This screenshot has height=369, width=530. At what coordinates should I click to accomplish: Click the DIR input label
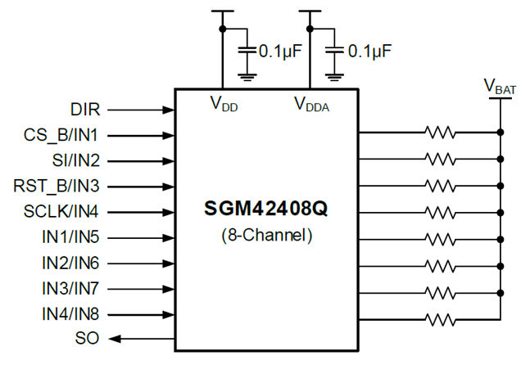tap(85, 109)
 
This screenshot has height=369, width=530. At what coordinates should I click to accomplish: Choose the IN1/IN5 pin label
tap(72, 238)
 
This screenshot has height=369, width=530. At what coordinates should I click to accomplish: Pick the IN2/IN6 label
tap(72, 263)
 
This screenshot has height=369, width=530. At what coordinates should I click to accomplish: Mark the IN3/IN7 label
tap(72, 289)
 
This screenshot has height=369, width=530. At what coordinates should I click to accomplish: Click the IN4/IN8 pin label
tap(72, 314)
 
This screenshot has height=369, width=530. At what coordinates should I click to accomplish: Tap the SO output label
tap(88, 339)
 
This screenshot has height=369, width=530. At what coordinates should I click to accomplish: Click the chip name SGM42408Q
tap(265, 209)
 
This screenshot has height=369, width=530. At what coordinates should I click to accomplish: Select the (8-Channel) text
tap(265, 235)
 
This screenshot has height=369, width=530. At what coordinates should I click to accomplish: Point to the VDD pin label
tap(224, 104)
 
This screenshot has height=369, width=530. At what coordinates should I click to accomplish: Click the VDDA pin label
tap(312, 104)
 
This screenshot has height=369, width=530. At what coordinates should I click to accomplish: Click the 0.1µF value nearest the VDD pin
tap(280, 51)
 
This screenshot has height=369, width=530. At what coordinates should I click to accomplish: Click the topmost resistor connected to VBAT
tap(438, 131)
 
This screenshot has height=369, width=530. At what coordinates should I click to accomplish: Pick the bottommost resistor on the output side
tap(438, 318)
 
